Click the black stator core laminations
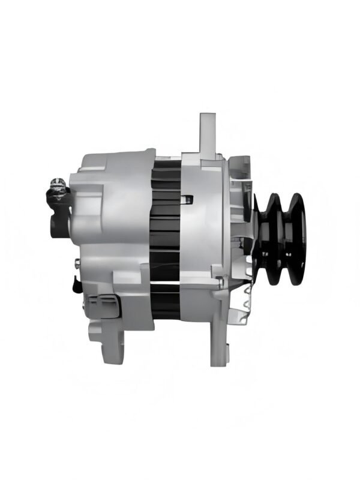(x=166, y=240)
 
